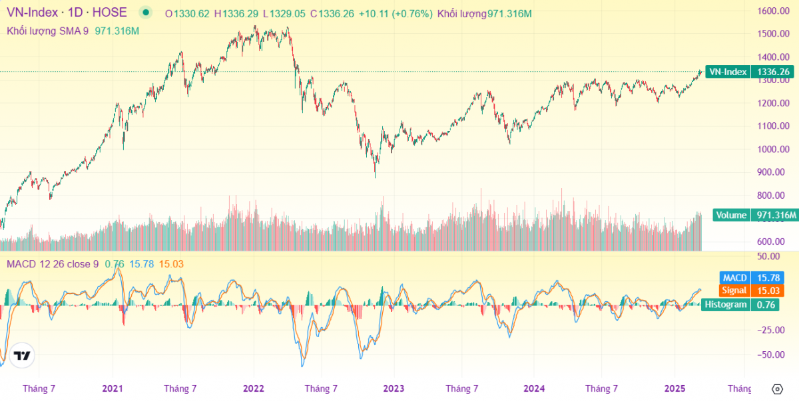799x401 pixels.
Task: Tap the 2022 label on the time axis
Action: (x=254, y=388)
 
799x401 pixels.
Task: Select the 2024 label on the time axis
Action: (x=534, y=388)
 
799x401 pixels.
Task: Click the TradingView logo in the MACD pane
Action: (x=22, y=355)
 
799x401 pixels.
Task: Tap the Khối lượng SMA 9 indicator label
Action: (x=47, y=31)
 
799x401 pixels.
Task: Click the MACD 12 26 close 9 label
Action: (x=53, y=264)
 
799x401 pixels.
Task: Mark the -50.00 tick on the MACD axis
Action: (x=770, y=354)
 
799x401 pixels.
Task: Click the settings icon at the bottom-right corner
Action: (x=777, y=389)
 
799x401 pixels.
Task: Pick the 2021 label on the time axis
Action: (x=113, y=388)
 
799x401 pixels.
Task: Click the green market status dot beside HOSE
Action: (x=145, y=13)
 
